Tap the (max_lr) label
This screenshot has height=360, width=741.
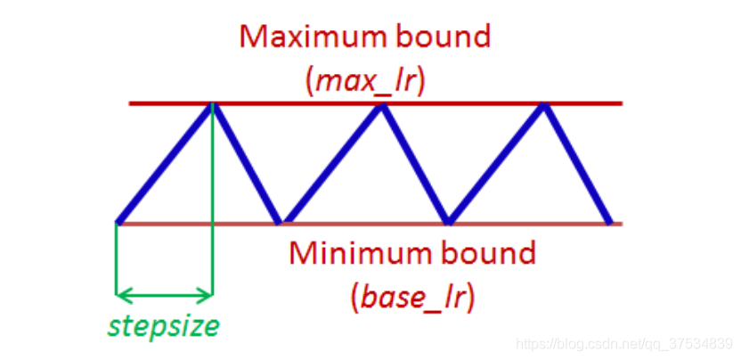click(366, 81)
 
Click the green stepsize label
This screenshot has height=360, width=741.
click(164, 326)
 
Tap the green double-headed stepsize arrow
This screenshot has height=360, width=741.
click(165, 293)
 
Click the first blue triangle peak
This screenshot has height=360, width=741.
click(212, 105)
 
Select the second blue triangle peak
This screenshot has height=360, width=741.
click(381, 105)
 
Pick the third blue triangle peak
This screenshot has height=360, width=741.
click(543, 105)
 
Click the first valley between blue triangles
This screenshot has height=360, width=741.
click(281, 221)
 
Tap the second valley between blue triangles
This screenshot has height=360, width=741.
click(448, 221)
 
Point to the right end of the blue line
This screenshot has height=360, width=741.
click(609, 220)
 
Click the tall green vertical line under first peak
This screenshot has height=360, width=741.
click(213, 205)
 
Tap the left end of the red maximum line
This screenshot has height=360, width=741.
click(132, 103)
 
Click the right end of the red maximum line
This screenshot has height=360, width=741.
click(620, 103)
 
